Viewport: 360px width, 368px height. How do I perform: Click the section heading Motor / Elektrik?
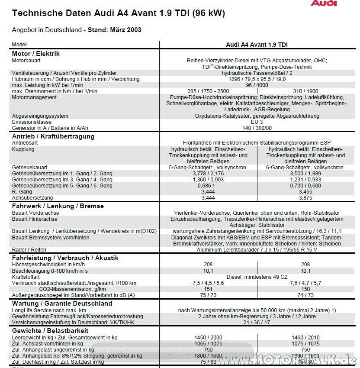(36, 54)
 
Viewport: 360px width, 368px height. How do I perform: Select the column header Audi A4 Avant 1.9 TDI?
(257, 45)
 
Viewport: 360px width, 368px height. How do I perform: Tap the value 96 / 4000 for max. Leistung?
(257, 85)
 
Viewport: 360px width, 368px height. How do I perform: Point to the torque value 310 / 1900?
(305, 91)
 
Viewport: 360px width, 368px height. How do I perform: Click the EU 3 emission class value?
(257, 123)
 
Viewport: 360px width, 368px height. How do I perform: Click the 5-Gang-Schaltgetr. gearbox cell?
(208, 167)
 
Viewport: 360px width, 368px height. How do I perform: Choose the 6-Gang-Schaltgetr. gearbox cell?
(305, 167)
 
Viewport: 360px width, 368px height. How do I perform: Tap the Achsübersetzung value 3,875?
(305, 197)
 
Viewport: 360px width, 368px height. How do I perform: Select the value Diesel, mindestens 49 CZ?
(257, 277)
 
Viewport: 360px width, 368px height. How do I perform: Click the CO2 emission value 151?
(208, 289)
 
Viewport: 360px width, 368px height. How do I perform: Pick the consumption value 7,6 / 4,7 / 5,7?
(305, 283)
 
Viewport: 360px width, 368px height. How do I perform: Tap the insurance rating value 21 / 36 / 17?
(257, 323)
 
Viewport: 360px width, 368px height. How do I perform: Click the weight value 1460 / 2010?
(305, 337)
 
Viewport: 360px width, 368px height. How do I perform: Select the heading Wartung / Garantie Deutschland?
(62, 303)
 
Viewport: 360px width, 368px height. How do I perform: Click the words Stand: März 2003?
(114, 30)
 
